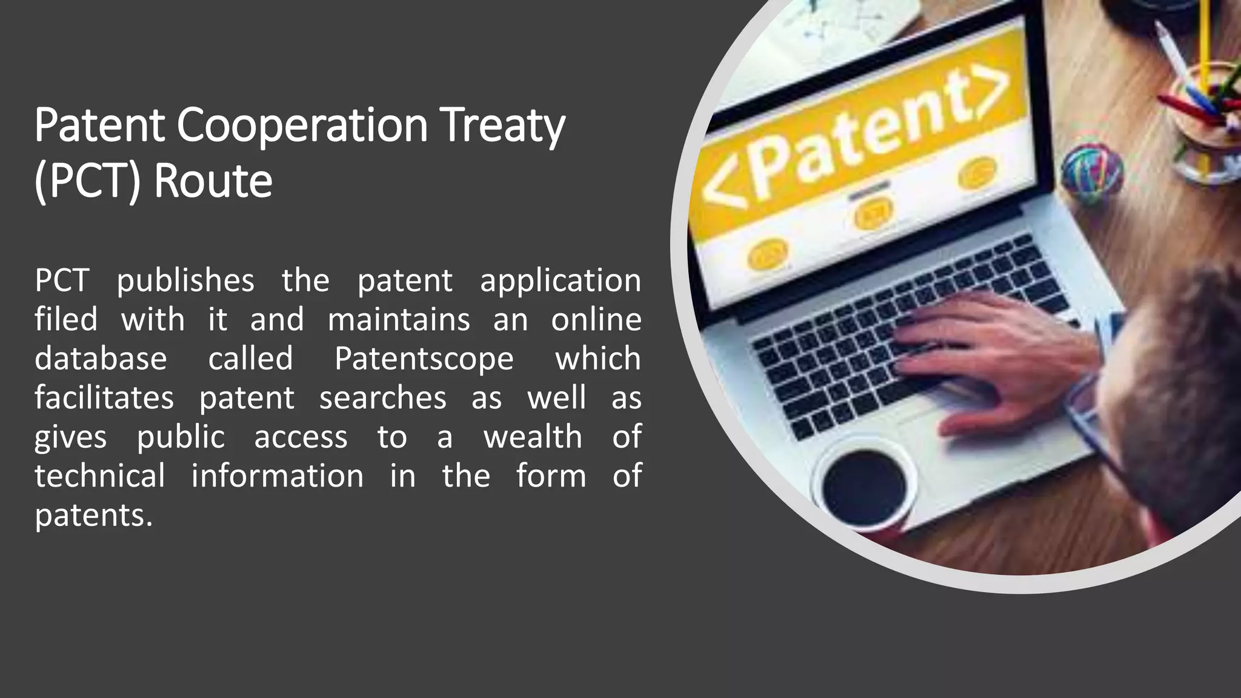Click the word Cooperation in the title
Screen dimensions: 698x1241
pyautogui.click(x=302, y=125)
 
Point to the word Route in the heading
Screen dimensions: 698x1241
pyautogui.click(x=213, y=181)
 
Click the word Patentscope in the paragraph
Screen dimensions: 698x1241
pyautogui.click(x=424, y=359)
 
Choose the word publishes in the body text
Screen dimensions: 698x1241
pyautogui.click(x=185, y=281)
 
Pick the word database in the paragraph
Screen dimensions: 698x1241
pyautogui.click(x=101, y=359)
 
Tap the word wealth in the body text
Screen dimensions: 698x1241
pyautogui.click(x=533, y=437)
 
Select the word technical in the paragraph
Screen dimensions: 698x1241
pyautogui.click(x=99, y=476)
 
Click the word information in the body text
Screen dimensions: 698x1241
pyautogui.click(x=278, y=476)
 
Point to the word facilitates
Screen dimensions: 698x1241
pyautogui.click(x=104, y=398)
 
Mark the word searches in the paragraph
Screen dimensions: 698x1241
pyautogui.click(x=382, y=398)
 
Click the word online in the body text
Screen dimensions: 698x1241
pyautogui.click(x=596, y=320)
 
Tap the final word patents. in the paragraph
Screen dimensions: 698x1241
pyautogui.click(x=93, y=516)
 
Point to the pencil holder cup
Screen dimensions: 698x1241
pyautogui.click(x=1203, y=115)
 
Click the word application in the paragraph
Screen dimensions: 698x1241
pyautogui.click(x=561, y=281)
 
